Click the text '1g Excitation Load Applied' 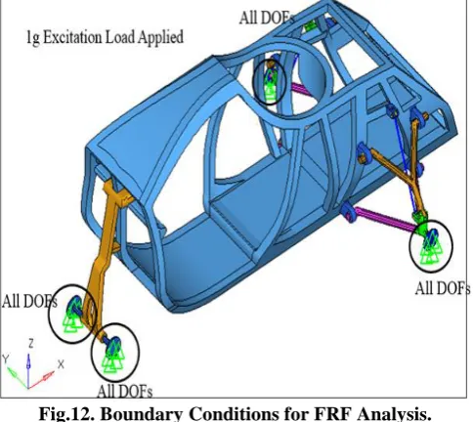[105, 37]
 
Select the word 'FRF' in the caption [331, 413]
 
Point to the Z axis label [31, 344]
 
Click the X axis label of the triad [61, 364]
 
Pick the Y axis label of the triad [6, 359]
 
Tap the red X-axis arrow [41, 380]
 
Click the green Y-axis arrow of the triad [18, 378]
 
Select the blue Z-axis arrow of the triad [28, 371]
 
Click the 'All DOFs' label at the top [266, 18]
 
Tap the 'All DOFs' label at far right [443, 288]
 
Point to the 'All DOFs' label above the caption [125, 391]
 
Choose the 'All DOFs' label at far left [29, 301]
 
